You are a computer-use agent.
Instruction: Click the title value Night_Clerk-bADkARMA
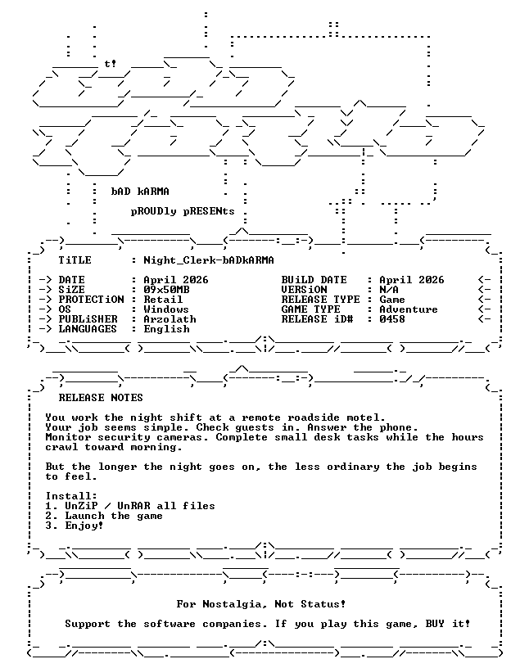209,260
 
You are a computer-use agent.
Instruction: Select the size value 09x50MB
166,290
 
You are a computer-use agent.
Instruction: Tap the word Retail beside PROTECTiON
163,300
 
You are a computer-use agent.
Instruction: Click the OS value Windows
166,309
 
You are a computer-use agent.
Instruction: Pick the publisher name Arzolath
170,319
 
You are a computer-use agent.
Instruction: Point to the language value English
166,329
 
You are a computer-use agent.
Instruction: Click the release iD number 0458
392,319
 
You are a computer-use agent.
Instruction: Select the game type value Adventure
409,309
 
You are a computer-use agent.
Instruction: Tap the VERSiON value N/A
389,290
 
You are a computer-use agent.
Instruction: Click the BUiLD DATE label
314,280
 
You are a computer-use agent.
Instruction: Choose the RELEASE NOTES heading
101,398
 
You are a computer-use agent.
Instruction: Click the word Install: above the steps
71,496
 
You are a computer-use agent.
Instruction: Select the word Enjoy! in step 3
84,526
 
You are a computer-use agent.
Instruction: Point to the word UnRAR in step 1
133,506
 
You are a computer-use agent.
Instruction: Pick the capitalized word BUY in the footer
435,624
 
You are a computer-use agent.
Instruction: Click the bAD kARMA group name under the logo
140,192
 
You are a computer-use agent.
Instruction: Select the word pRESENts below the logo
209,211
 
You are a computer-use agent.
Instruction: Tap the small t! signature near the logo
111,64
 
